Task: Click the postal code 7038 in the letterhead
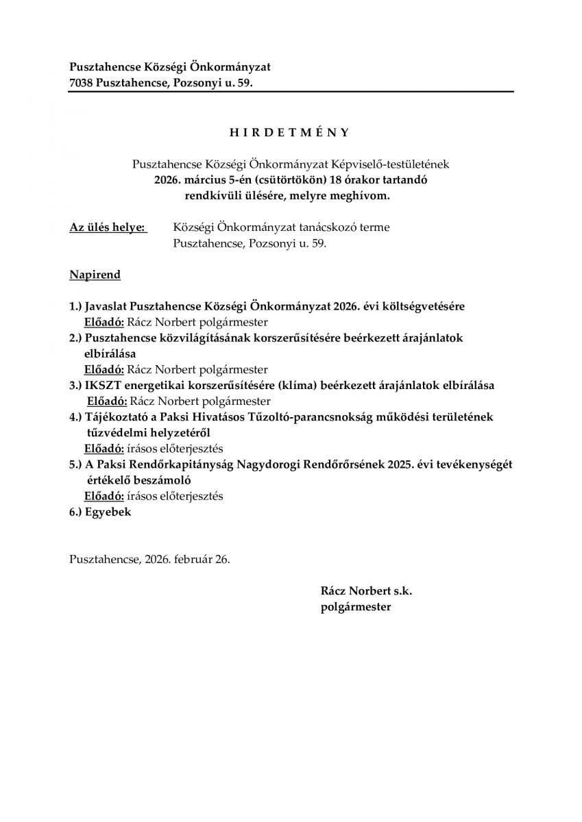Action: (x=82, y=83)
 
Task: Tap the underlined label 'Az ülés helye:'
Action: (x=108, y=227)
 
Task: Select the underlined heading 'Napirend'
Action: (x=95, y=275)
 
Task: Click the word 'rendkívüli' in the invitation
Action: (x=213, y=195)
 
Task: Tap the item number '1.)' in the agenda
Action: (x=76, y=306)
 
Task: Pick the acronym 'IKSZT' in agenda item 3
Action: (x=104, y=385)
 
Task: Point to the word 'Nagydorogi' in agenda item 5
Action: (x=271, y=464)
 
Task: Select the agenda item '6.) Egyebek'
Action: (x=100, y=512)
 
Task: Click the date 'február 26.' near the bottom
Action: (x=204, y=558)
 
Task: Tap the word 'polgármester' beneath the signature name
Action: (x=355, y=606)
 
